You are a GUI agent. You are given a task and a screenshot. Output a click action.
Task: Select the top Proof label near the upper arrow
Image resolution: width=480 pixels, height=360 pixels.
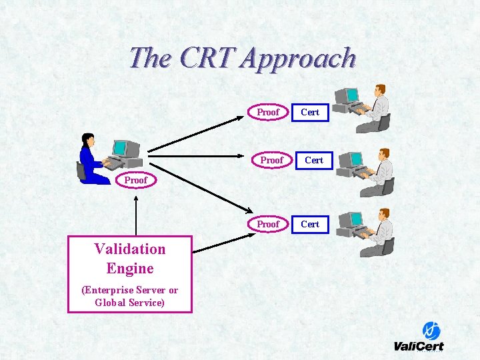point(268,112)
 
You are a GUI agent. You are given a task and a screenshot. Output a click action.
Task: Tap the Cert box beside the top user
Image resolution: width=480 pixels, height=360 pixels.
point(310,112)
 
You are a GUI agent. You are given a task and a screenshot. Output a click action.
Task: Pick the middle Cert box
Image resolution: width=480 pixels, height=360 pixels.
point(313,160)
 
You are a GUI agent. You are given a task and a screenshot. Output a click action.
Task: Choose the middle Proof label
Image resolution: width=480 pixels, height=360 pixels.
point(271,160)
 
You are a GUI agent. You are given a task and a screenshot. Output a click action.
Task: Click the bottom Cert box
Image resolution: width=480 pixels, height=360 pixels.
point(310,224)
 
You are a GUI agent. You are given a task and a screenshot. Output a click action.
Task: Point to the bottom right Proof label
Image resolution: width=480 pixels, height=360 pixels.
point(268,224)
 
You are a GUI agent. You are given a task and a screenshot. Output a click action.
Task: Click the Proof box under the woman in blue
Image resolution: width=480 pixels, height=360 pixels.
point(135,180)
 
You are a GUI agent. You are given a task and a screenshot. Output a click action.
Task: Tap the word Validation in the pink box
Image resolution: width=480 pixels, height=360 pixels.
point(130,249)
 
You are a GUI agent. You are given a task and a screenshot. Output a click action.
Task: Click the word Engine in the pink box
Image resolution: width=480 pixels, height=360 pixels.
point(130,269)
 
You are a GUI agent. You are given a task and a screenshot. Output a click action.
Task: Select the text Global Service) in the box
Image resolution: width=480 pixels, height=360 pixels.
point(130,303)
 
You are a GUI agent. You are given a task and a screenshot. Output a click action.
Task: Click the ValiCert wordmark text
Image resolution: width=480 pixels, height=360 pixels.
point(419,346)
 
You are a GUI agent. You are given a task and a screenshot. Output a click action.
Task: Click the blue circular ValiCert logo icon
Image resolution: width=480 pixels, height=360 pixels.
point(431,331)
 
